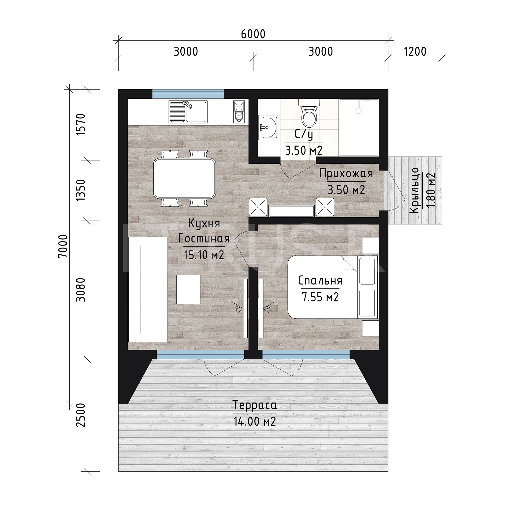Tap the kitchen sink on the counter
click(188, 112)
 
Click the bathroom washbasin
click(268, 127)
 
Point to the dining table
click(185, 179)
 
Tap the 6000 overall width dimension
click(253, 34)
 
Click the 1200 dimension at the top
click(415, 52)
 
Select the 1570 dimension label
click(81, 124)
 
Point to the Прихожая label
click(346, 173)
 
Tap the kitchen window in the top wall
click(188, 94)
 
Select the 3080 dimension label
click(81, 290)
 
